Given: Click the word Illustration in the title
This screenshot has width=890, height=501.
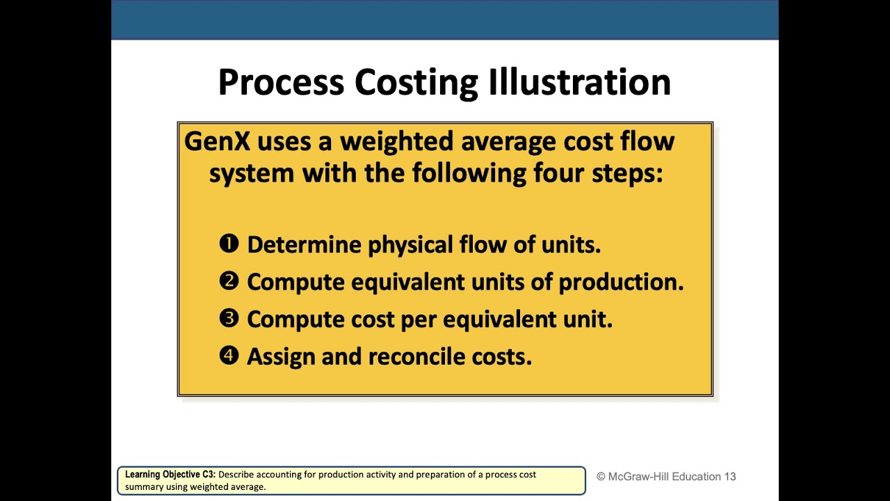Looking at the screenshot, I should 579,82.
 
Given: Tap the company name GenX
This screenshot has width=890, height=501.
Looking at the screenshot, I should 216,141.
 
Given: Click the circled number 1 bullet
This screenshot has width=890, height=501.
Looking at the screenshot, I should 229,244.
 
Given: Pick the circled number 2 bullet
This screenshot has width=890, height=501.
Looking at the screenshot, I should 229,281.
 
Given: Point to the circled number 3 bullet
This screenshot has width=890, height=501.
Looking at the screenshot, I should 229,319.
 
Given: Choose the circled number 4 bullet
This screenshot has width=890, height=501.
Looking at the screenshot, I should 229,356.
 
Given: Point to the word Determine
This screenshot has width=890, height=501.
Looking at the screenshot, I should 304,245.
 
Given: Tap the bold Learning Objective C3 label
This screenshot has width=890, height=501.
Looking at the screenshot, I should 170,475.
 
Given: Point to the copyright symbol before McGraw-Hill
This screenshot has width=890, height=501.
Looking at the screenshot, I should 601,477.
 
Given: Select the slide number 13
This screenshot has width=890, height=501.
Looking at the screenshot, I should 729,477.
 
